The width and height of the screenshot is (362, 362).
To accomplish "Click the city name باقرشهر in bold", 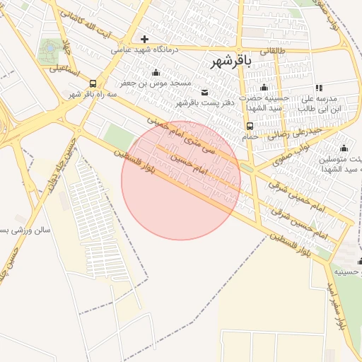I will (x=231, y=62).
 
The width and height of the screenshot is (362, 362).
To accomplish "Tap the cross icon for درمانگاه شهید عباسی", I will (x=145, y=39).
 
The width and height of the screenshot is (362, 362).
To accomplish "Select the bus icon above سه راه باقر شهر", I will (x=94, y=83).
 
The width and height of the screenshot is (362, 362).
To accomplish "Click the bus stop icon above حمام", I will (x=250, y=126).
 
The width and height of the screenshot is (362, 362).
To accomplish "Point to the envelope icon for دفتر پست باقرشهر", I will (x=205, y=92).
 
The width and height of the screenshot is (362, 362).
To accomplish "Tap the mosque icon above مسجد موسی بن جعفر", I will (x=156, y=72).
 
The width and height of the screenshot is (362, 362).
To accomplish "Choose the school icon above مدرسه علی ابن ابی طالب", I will (x=319, y=88).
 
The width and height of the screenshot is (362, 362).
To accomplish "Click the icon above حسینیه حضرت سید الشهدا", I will (x=264, y=88).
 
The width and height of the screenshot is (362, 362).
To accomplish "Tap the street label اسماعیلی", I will (x=63, y=69).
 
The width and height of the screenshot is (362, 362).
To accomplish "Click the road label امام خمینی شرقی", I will (x=287, y=187).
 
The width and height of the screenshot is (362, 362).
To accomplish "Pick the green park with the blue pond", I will (x=50, y=51).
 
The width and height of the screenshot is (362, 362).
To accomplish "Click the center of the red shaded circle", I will (x=181, y=180).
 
